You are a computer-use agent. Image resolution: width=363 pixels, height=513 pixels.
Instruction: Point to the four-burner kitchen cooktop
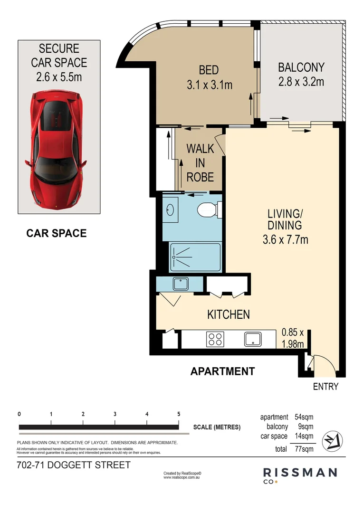tap(215, 339)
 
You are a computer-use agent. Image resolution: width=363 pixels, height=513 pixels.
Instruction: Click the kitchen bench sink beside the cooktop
tap(253, 339)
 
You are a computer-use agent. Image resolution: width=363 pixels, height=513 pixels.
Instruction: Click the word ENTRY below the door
tap(325, 387)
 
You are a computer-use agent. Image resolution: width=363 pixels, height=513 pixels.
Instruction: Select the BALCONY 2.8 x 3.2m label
tap(301, 75)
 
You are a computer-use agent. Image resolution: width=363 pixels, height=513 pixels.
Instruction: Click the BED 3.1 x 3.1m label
tap(209, 77)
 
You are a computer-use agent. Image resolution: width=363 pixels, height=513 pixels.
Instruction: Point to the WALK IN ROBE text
tap(200, 162)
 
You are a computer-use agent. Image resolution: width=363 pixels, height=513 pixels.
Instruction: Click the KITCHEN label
tap(229, 314)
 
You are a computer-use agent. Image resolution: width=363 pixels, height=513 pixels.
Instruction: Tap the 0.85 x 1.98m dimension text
tap(295, 338)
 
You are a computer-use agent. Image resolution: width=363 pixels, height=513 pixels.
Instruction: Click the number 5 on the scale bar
tap(179, 414)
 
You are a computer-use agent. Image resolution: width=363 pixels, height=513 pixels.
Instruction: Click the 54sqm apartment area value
tap(304, 417)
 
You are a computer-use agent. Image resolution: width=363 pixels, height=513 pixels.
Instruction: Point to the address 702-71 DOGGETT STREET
tap(73, 465)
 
